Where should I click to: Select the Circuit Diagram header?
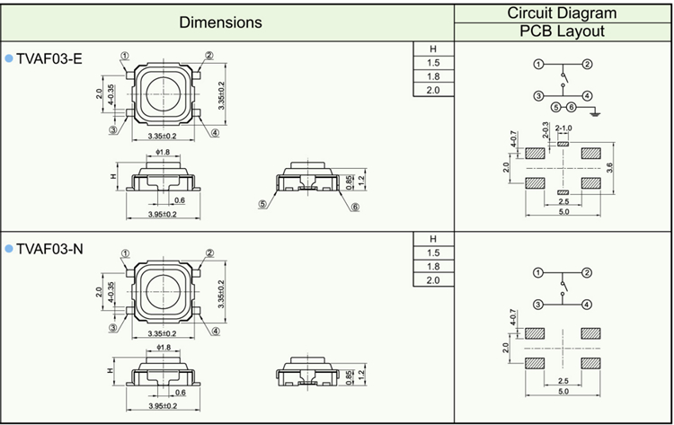point(563,13)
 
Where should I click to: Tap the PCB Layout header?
point(563,31)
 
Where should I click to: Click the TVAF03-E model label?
point(49,58)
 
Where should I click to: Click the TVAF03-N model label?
point(50,249)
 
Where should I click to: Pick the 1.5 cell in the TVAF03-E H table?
point(433,63)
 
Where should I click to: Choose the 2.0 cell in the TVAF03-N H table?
point(433,280)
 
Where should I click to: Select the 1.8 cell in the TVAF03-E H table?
point(433,76)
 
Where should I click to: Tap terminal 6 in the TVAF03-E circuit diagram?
point(570,108)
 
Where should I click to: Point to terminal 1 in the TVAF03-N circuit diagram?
point(537,272)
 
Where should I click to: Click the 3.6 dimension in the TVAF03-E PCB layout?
point(609,167)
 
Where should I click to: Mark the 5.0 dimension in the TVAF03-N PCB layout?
point(563,392)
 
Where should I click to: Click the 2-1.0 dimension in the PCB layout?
point(563,128)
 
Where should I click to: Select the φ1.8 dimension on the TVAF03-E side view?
point(164,153)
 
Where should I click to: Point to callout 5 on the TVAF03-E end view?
point(263,204)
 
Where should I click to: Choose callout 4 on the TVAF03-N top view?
point(216,330)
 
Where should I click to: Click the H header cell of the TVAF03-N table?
point(433,239)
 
